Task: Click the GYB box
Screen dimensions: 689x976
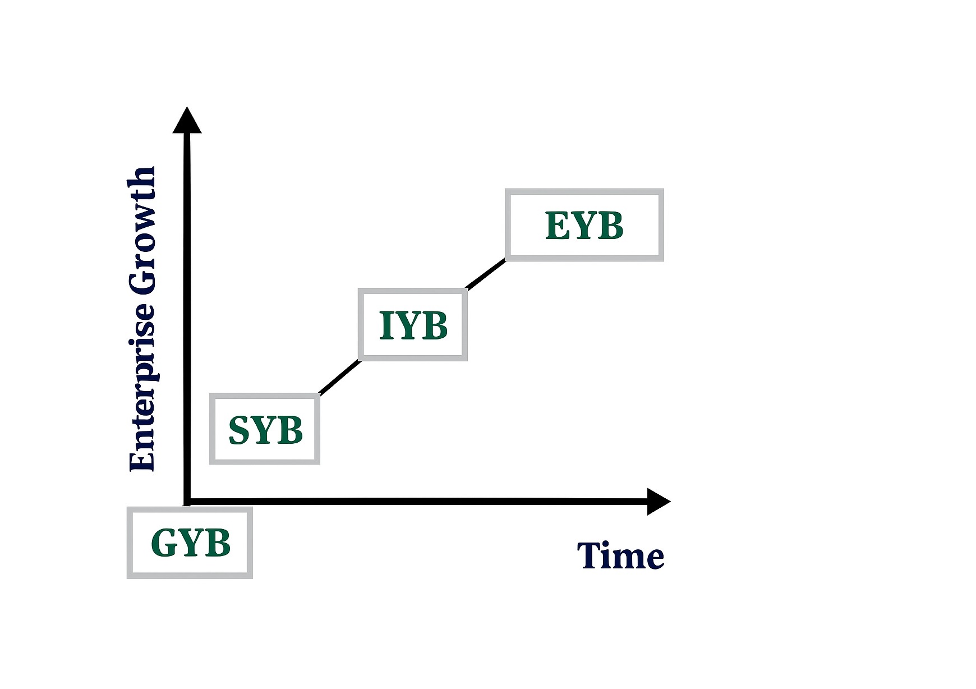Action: [x=190, y=543]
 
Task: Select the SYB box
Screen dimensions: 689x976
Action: [x=265, y=429]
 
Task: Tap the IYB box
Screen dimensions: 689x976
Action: [x=413, y=325]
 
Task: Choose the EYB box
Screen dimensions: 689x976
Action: [x=584, y=225]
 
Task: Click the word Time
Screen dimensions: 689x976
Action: [x=620, y=555]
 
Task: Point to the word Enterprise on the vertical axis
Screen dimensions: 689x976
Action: [x=141, y=387]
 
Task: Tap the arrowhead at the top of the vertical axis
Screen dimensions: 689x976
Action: [x=187, y=121]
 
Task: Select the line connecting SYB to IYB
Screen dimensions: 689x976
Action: [x=339, y=377]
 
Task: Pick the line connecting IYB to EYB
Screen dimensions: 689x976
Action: [x=486, y=275]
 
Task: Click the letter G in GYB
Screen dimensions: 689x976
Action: [x=164, y=543]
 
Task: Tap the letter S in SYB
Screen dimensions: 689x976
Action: [x=239, y=430]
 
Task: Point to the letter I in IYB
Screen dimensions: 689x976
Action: [x=385, y=325]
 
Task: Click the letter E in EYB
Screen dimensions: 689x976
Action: [x=557, y=226]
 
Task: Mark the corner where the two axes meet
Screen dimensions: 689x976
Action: [x=187, y=501]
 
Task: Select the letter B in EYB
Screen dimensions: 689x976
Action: [x=610, y=226]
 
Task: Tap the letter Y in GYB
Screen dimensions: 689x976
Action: [x=191, y=543]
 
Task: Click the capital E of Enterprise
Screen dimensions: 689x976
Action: [x=141, y=458]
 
